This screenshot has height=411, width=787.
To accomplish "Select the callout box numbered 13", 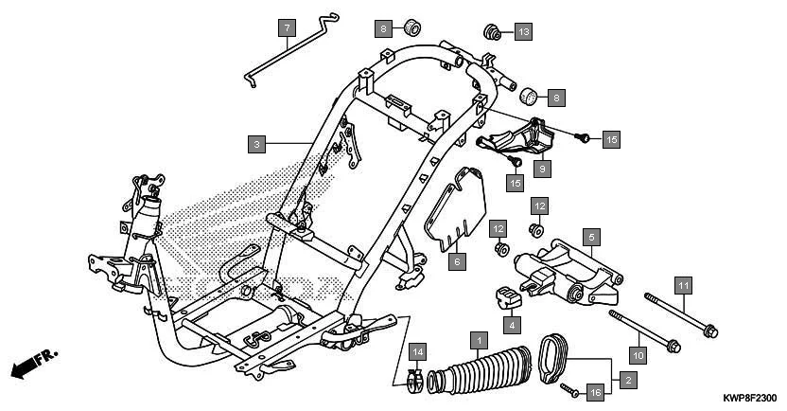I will click(523, 31).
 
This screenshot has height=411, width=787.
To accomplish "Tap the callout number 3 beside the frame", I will click(256, 145).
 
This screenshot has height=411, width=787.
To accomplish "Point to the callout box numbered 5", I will click(589, 236).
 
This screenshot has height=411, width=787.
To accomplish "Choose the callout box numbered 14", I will click(418, 353).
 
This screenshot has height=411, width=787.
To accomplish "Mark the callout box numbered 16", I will click(595, 391).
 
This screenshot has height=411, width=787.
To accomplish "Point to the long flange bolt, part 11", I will click(681, 315).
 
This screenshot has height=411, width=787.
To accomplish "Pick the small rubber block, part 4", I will click(510, 297).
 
